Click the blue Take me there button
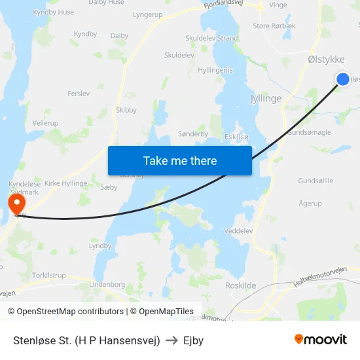point(179,160)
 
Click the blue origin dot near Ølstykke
point(343,79)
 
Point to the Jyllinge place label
point(265,98)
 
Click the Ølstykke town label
point(326,60)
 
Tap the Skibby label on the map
point(126,110)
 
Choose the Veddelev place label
point(238,230)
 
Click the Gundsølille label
point(315,181)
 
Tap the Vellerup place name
point(45,122)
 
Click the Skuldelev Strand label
point(211,38)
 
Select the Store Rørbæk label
point(274,27)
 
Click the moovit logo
point(320,339)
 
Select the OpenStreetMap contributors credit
point(65,312)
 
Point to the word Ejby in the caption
point(194,340)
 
